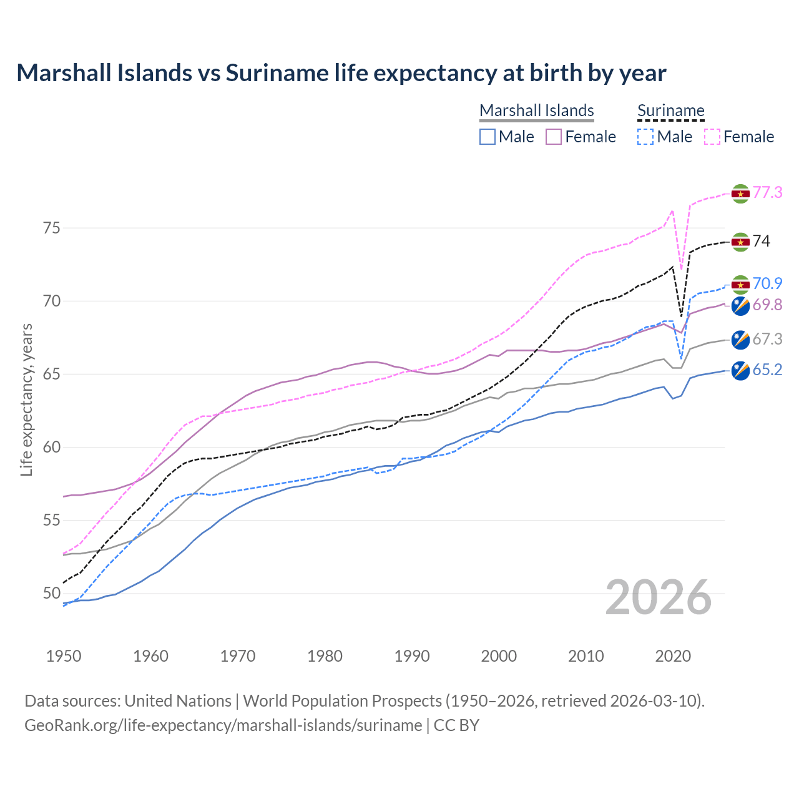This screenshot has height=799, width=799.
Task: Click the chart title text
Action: pos(341,73)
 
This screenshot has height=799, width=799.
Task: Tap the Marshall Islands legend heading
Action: pos(536,110)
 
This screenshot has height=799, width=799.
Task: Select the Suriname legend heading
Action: pos(670,110)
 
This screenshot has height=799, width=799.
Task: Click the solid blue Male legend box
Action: pos(488,137)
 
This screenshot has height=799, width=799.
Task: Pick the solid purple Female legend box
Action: pos(554,137)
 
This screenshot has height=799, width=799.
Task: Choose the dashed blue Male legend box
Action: pos(645,137)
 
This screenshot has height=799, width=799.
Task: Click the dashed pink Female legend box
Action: pos(712,137)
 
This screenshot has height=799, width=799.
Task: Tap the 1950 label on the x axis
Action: pos(64,656)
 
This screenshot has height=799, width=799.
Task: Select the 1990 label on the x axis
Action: pos(412,656)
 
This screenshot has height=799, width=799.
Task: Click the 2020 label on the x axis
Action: pos(673,656)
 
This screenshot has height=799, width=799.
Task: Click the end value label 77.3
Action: pos(767,192)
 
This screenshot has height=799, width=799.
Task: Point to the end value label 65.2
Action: pos(767,370)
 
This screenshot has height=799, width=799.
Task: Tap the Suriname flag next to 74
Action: pos(740,242)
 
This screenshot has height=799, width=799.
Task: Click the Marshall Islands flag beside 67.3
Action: pos(740,340)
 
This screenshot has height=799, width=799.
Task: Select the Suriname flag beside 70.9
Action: pos(740,285)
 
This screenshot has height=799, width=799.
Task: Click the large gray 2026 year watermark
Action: pos(658,597)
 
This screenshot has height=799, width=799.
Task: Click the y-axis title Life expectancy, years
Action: pos(27,399)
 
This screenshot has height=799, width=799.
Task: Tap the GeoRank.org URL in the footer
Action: pos(223,725)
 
